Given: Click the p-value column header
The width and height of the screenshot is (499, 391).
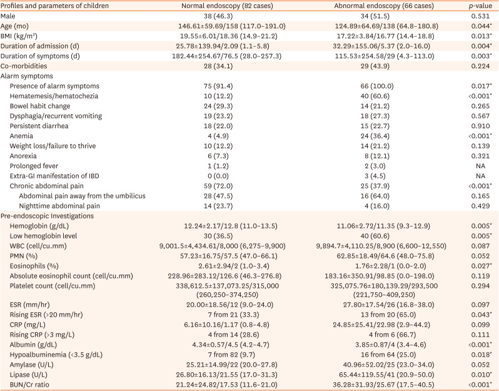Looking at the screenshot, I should point(478,6).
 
